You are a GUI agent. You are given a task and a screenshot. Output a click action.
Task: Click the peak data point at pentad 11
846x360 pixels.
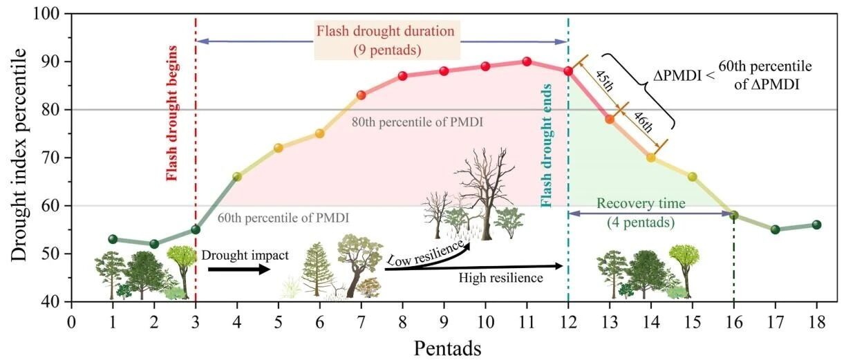tap(527, 61)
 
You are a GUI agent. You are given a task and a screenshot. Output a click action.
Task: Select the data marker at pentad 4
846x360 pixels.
tap(237, 176)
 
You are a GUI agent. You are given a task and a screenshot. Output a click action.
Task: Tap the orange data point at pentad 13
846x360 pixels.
tap(610, 120)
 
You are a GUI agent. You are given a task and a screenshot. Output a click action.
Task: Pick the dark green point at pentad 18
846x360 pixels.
tap(816, 225)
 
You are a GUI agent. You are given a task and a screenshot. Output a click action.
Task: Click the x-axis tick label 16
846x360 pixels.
tap(734, 323)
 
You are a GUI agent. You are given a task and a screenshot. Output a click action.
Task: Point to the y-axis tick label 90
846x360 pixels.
tap(50, 61)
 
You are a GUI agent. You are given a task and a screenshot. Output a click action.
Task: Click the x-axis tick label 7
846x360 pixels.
tap(361, 323)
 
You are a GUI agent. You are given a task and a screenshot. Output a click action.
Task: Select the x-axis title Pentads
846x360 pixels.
tap(448, 348)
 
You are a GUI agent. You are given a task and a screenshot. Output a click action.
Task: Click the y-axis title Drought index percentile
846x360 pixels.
tap(19, 155)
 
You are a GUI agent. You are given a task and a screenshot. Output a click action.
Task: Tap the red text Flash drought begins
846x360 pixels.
tap(172, 113)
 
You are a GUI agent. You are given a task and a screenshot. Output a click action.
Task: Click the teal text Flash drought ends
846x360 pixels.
tap(546, 146)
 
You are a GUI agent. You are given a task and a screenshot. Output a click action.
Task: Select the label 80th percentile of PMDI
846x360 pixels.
tap(417, 122)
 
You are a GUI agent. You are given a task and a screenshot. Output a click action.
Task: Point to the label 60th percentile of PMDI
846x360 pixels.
tap(283, 218)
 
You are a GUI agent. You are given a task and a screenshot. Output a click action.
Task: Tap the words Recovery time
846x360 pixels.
tap(641, 204)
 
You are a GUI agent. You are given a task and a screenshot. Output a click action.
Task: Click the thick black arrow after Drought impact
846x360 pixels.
tap(239, 269)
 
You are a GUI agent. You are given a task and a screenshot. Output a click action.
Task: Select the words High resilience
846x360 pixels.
tap(501, 278)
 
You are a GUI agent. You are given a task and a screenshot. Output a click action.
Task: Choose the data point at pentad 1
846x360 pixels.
tap(113, 239)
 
